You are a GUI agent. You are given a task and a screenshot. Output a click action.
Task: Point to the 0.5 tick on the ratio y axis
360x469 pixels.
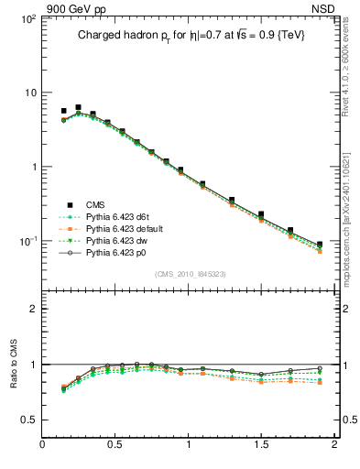coord(27,420)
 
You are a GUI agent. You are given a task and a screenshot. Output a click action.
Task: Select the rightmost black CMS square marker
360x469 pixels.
coord(320,245)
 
